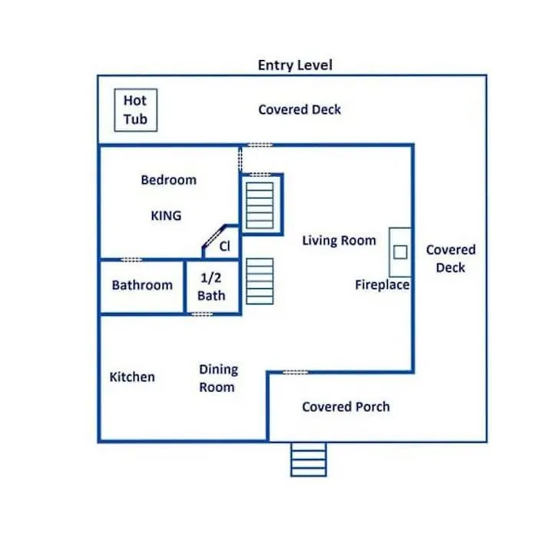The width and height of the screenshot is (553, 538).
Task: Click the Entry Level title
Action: coord(295,65)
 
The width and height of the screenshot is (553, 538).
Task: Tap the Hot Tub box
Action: coord(136,110)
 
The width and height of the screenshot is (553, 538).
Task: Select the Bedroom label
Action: coord(168,180)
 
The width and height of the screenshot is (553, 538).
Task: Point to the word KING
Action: coord(166,216)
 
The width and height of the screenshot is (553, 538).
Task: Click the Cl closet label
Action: coord(224,246)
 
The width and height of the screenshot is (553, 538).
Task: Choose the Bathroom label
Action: coord(142,285)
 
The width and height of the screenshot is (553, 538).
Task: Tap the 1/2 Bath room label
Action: coord(211,287)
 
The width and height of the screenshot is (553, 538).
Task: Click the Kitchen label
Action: coord(132,377)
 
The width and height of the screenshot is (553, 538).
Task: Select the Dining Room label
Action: coord(218,378)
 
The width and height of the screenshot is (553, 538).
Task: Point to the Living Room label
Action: coord(339,241)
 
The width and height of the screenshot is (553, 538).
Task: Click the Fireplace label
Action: coord(382,285)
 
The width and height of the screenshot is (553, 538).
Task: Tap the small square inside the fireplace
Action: coord(400,252)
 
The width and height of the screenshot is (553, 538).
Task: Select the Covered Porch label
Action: coord(346,407)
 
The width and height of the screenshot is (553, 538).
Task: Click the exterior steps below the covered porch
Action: coord(309,460)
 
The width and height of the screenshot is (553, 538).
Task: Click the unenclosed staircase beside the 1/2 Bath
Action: coord(260,281)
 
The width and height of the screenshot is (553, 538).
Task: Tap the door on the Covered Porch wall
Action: coord(296,372)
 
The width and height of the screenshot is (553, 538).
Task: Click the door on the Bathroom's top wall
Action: coord(131,260)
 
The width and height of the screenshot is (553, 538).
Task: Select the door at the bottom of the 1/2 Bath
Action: coord(202,314)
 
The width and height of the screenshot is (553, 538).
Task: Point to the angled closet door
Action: coord(214,236)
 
